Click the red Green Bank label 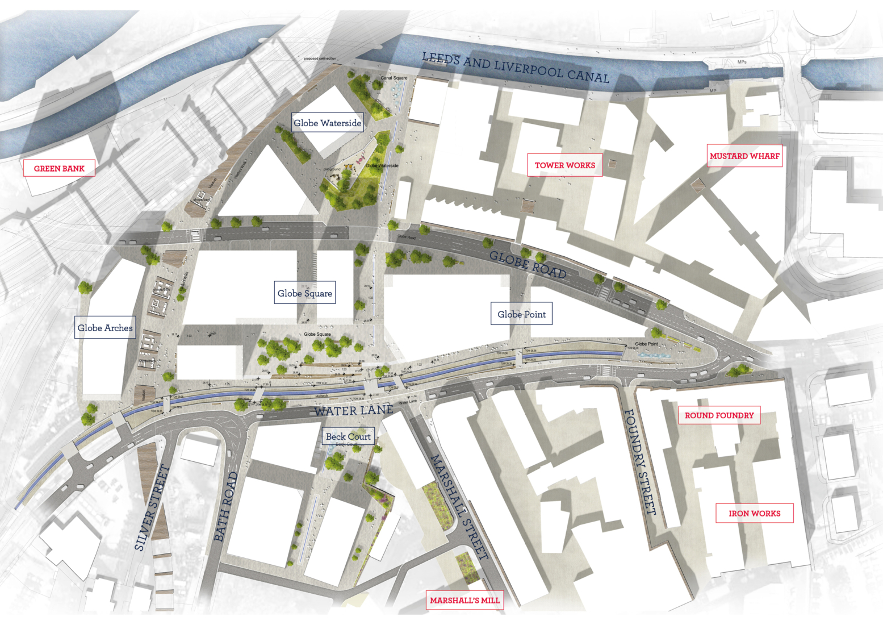(59, 168)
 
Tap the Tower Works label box (564, 165)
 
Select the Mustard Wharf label (744, 156)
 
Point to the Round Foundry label (719, 415)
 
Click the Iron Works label (754, 513)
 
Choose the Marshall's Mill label (464, 600)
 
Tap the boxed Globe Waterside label (327, 123)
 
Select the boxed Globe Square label (305, 293)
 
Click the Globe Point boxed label (521, 314)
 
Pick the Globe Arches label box (105, 327)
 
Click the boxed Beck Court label (348, 436)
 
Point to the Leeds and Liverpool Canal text (516, 67)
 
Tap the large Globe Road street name (528, 265)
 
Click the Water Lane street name (353, 410)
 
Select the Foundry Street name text (640, 461)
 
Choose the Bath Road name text (225, 506)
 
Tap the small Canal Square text (394, 78)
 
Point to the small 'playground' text (332, 169)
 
